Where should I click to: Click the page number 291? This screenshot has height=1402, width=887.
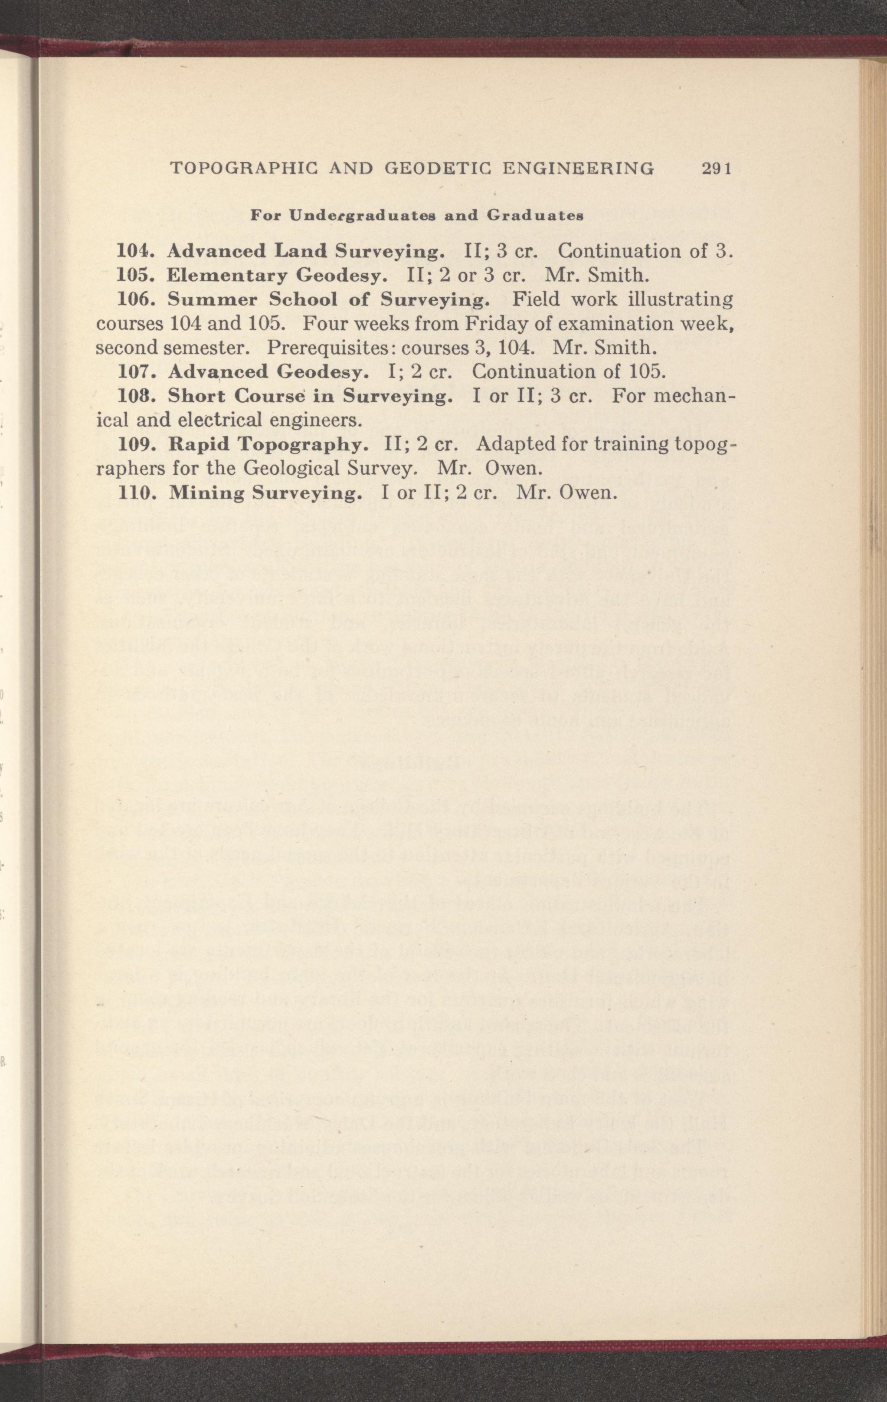(x=715, y=169)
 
